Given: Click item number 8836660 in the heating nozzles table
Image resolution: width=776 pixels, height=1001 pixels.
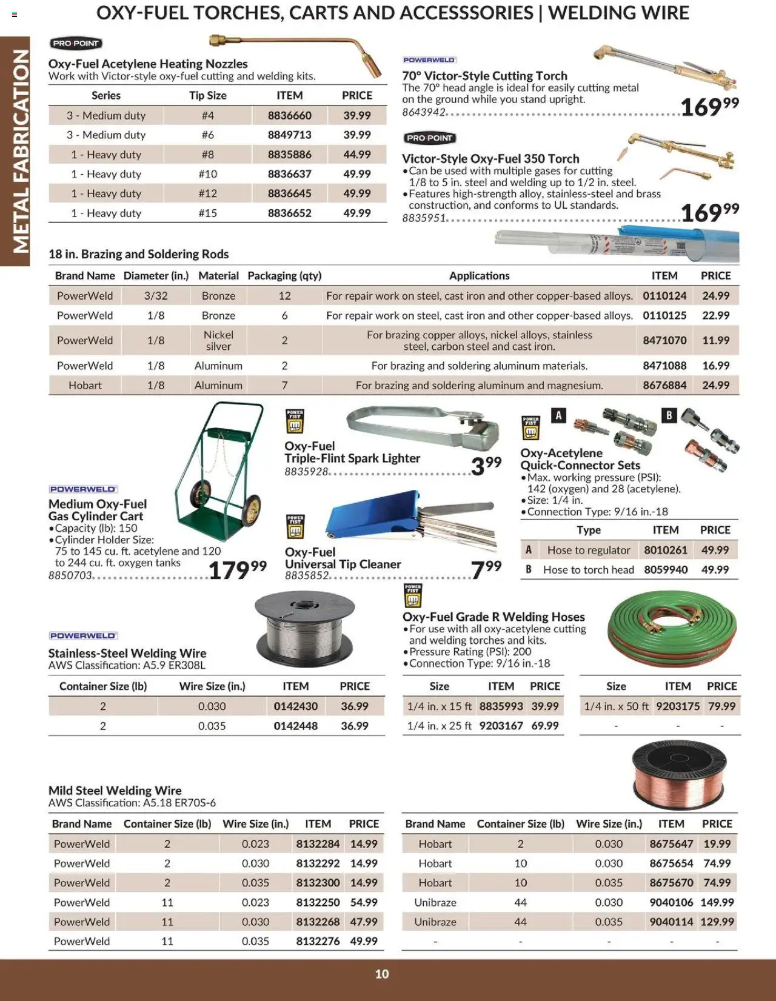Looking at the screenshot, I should (x=289, y=115).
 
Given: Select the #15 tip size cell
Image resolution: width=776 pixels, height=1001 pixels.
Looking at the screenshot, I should (x=207, y=213).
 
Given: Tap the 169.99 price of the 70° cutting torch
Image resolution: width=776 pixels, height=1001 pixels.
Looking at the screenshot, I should (x=709, y=107).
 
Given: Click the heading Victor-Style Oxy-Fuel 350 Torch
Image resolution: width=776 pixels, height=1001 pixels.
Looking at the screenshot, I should (x=490, y=158).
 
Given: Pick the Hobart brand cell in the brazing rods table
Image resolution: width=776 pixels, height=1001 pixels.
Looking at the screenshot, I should (x=85, y=385).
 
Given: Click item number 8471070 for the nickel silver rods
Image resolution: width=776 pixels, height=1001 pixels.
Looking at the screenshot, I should (x=664, y=340).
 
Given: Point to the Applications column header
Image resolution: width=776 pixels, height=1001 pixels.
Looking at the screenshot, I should (x=479, y=275).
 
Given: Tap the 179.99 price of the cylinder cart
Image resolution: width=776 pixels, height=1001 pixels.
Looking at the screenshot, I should (x=236, y=570).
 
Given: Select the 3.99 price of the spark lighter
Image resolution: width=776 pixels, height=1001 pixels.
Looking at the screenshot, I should (x=486, y=466).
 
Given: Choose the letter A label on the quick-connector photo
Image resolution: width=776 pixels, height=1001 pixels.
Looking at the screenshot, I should (x=559, y=415).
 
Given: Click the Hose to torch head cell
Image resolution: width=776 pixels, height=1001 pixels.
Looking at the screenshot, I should (x=588, y=569).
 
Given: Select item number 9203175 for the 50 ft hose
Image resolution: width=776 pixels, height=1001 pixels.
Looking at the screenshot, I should (x=677, y=706).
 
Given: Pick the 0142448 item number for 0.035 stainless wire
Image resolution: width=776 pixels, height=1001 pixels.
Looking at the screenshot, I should (x=295, y=726).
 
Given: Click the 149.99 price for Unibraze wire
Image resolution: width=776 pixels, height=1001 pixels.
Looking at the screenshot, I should (x=717, y=902).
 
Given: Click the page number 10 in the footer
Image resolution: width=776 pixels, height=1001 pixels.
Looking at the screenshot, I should (x=382, y=974).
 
